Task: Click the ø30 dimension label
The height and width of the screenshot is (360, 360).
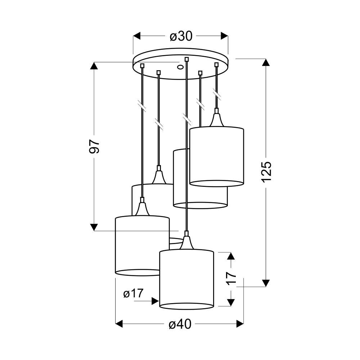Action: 181,36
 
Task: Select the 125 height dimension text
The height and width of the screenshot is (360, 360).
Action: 266,172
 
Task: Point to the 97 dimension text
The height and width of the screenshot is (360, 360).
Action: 94,146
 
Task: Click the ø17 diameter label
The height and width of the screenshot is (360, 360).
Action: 133,293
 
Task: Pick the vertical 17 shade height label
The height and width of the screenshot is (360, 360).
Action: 231,278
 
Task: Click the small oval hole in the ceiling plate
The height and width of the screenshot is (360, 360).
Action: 180,67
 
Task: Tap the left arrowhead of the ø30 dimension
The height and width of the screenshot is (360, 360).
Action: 136,36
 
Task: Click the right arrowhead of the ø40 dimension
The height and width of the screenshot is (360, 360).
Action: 240,324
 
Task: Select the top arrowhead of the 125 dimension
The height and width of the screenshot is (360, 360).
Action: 266,62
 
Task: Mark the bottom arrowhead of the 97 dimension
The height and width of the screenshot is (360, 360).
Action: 94,227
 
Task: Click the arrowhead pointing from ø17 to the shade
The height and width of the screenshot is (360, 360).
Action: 156,301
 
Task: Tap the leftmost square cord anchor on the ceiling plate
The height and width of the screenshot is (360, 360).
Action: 142,66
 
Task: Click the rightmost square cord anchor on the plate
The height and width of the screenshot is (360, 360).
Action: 216,65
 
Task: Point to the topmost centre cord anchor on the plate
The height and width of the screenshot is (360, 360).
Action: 186,59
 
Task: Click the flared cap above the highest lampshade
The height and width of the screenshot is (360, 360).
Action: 216,120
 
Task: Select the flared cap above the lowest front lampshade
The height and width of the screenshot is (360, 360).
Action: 186,242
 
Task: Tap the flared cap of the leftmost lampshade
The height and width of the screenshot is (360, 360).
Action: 142,209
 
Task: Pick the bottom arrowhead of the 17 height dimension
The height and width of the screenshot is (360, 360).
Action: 231,302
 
